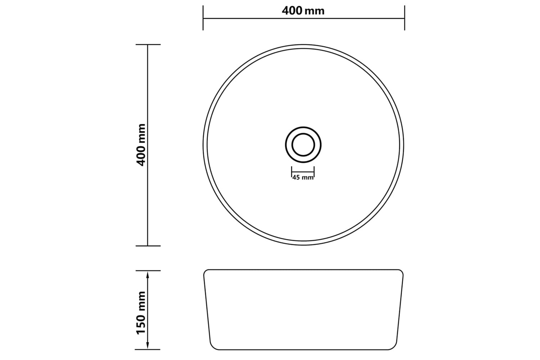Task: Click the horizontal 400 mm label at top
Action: click(303, 11)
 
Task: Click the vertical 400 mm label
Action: click(141, 145)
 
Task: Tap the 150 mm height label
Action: click(141, 313)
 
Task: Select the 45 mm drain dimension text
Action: click(303, 178)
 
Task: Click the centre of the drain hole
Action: click(303, 145)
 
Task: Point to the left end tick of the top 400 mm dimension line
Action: click(203, 18)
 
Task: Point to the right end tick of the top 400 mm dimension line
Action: click(405, 18)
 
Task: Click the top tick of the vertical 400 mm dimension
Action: click(148, 45)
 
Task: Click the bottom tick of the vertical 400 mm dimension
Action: click(148, 246)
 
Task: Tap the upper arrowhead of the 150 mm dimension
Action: click(148, 274)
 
